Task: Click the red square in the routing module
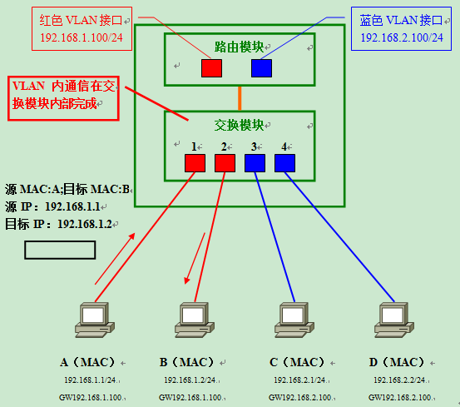coord(211,68)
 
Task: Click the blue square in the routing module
coord(261,68)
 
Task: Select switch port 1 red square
coord(195,162)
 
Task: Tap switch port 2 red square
coord(225,162)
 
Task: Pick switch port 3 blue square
coord(255,162)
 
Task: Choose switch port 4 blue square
coord(284,162)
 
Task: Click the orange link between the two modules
coord(240,97)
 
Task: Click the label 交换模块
coord(239,126)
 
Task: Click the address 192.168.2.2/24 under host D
coord(396,380)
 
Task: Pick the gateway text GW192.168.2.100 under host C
coord(299,397)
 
